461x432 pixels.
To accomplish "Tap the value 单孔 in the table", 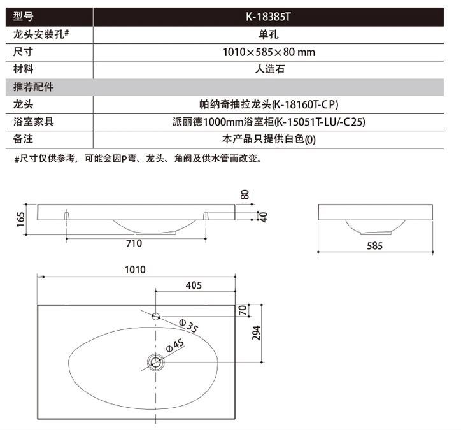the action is pyautogui.click(x=268, y=35).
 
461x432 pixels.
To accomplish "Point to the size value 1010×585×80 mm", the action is pyautogui.click(x=268, y=52).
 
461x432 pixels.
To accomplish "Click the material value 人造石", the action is pyautogui.click(x=268, y=69).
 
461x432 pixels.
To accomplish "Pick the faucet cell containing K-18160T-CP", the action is pyautogui.click(x=268, y=104).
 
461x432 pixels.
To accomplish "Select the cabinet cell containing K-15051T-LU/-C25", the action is pyautogui.click(x=268, y=121).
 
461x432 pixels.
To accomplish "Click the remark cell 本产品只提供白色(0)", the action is pyautogui.click(x=268, y=138).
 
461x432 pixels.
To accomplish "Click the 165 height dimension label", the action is pyautogui.click(x=21, y=220).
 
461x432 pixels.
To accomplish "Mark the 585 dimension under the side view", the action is pyautogui.click(x=376, y=246).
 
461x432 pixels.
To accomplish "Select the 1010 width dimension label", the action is pyautogui.click(x=136, y=270).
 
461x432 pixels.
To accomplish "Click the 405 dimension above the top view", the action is pyautogui.click(x=194, y=286).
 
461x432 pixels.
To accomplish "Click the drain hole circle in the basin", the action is pyautogui.click(x=155, y=363).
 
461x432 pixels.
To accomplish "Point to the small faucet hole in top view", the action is pyautogui.click(x=155, y=315).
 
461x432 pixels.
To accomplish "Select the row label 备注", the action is pyautogui.click(x=24, y=138).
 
